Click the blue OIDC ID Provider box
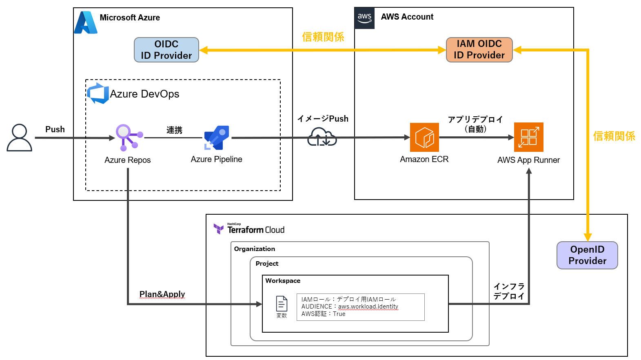coord(166,50)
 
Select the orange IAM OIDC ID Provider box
coord(479,50)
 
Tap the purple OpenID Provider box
coord(587,255)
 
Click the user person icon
coord(19,138)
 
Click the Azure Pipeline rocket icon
coord(217,138)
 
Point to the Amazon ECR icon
coord(424,137)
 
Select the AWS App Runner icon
coord(528,137)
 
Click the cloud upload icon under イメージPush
coord(322,137)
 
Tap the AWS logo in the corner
coord(364,18)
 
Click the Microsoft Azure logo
coord(86,22)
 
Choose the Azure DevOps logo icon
coord(98,93)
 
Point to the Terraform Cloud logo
coord(249,229)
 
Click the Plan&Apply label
coord(162,294)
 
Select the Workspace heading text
coord(283,281)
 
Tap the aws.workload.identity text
coord(368,307)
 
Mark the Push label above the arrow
coord(55,129)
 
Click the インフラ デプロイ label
coord(509,291)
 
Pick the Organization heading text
coord(255,249)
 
